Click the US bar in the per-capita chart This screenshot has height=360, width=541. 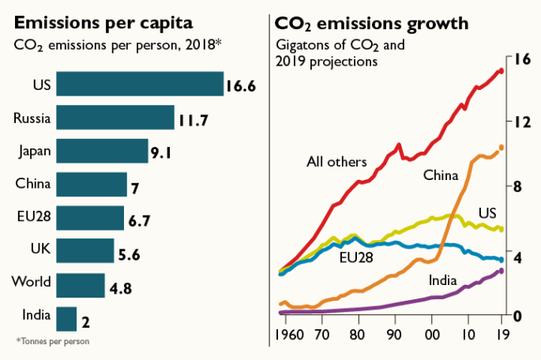click(x=139, y=85)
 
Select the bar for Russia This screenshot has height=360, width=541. click(x=115, y=118)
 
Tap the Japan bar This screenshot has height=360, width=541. click(x=102, y=152)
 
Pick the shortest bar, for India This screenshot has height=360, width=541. click(x=66, y=319)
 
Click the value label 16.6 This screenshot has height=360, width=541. click(x=241, y=86)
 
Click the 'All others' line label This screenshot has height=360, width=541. click(x=336, y=163)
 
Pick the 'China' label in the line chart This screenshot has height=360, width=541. click(x=441, y=174)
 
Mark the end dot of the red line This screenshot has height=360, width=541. click(x=501, y=71)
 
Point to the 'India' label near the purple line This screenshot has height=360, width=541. click(x=442, y=279)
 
